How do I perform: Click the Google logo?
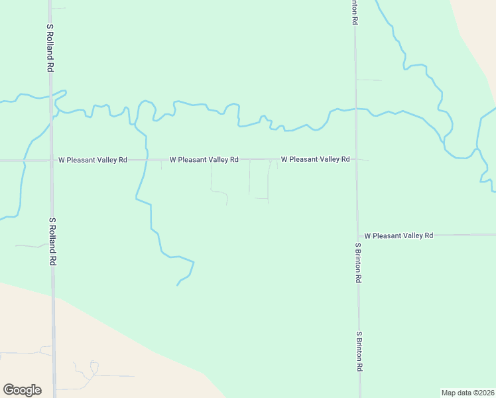point(22,390)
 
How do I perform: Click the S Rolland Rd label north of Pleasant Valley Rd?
point(50,48)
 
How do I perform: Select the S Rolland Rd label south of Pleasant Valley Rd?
point(52,241)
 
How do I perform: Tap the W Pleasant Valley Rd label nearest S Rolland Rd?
point(92,160)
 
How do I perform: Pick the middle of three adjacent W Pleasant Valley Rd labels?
point(204,160)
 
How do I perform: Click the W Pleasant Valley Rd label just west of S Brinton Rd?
point(315,159)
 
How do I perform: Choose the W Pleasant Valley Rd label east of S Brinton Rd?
point(399,235)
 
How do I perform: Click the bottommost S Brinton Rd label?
point(359,351)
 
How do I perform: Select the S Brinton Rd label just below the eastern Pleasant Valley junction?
point(358,263)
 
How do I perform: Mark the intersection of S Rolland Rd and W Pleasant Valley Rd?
point(51,161)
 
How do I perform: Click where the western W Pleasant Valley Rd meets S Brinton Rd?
point(356,159)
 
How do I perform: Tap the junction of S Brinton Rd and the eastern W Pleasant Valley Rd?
point(357,235)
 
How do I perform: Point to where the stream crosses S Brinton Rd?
point(355,107)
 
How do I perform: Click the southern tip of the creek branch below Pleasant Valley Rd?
point(177,285)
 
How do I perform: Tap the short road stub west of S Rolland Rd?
point(30,246)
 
